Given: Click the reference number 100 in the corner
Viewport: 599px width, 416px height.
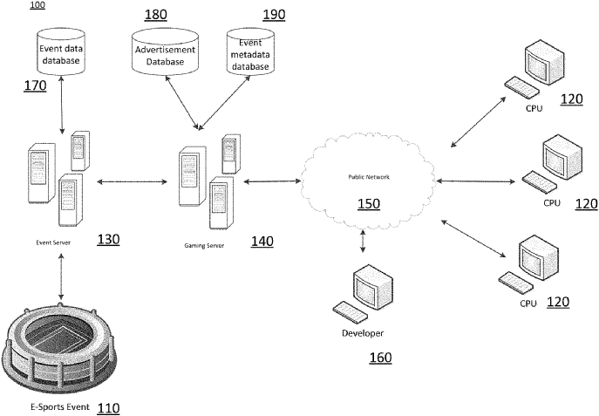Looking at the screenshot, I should point(39,6).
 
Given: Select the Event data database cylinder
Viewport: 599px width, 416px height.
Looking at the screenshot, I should point(61,53).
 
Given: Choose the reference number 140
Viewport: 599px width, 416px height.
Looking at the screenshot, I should point(262,241).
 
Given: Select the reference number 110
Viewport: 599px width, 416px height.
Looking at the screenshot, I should point(107,407).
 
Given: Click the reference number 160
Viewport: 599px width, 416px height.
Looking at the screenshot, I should point(380,358).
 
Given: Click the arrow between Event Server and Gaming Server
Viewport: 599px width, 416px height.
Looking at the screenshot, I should point(133,182).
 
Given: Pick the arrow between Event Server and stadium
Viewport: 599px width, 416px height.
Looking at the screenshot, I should point(60,278).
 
